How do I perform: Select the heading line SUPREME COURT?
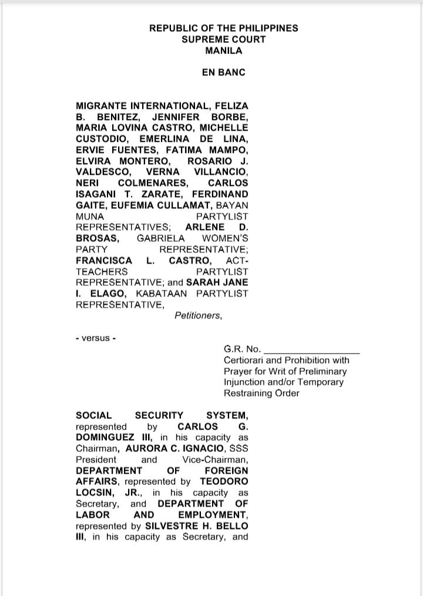click(223, 39)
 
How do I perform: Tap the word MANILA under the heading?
click(223, 51)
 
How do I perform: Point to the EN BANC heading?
click(223, 73)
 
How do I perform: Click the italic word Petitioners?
click(198, 315)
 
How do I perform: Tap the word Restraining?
click(248, 393)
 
